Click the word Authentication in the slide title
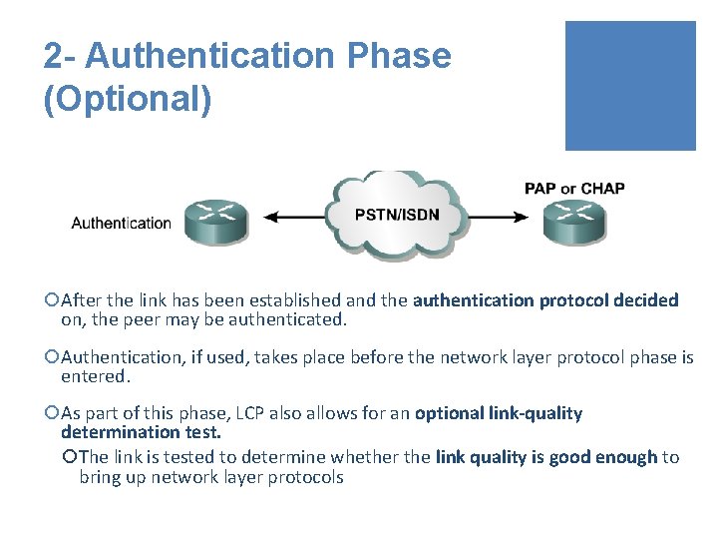(208, 56)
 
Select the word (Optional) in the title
(128, 101)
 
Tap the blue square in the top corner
(630, 86)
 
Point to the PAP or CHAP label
(574, 189)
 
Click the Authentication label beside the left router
(121, 224)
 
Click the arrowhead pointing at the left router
(267, 215)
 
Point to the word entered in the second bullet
(95, 376)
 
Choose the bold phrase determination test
(141, 432)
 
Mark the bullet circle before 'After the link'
(52, 300)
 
